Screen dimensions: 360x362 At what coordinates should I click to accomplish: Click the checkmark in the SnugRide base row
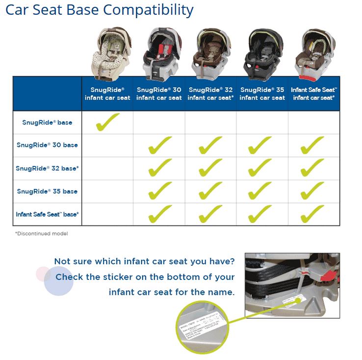pos(107,122)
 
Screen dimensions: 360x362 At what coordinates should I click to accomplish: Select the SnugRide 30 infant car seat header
pos(159,94)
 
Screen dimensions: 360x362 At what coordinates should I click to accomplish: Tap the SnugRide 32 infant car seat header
pos(210,94)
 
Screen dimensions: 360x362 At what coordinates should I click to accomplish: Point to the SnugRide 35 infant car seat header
pos(262,94)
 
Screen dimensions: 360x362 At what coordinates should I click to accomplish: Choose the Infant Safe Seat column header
pos(314,94)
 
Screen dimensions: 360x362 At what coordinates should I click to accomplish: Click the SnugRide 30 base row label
pos(47,145)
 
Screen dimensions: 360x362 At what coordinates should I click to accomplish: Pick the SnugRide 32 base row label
pos(47,168)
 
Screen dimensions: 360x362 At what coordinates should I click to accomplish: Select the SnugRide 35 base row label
pos(47,191)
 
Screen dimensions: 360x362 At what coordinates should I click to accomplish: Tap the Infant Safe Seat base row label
pos(47,214)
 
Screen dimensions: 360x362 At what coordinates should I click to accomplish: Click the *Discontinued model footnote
pos(41,234)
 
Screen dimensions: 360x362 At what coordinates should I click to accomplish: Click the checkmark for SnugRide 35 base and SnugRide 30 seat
pos(159,191)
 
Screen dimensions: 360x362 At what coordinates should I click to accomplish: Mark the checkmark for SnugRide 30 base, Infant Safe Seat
pos(312,145)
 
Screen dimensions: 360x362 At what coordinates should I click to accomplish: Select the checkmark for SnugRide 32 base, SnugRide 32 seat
pos(210,168)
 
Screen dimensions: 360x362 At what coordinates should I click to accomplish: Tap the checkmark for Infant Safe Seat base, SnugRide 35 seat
pos(260,214)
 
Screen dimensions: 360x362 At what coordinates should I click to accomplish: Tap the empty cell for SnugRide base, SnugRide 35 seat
pos(262,122)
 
